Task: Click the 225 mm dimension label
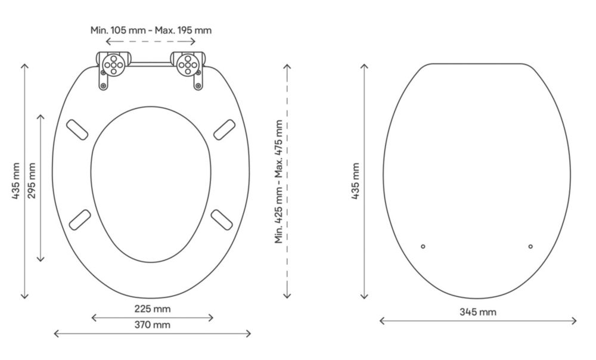tap(153, 309)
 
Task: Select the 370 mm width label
tap(153, 325)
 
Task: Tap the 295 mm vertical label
tap(32, 181)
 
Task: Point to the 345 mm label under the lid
tap(478, 312)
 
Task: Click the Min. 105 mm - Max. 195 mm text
tap(151, 30)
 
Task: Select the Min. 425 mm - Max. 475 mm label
tap(279, 182)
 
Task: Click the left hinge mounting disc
tap(113, 65)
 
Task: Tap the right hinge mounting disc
tap(188, 65)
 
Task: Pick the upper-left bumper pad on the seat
tap(77, 129)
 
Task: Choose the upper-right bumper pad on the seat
tap(225, 129)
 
